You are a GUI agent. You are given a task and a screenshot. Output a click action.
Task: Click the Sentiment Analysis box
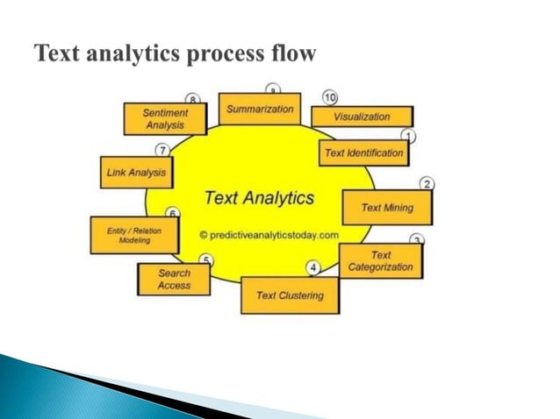click(x=165, y=119)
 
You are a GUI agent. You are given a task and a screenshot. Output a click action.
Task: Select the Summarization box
click(x=260, y=110)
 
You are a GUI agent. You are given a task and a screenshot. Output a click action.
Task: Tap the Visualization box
click(x=361, y=117)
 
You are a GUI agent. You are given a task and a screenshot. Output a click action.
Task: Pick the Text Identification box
click(x=364, y=153)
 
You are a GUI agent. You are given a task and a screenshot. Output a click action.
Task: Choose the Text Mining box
click(x=386, y=208)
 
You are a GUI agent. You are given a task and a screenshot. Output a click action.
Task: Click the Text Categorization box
click(x=380, y=260)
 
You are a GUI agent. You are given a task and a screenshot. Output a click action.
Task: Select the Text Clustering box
click(x=290, y=295)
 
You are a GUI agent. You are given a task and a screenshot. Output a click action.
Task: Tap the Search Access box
click(x=174, y=279)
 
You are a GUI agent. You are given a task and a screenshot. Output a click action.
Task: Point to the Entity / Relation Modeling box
click(x=134, y=235)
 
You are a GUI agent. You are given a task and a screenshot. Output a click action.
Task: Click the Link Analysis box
click(x=136, y=173)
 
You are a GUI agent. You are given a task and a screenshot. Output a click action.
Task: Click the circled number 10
click(x=330, y=96)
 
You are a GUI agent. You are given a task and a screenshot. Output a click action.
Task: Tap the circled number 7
click(x=162, y=151)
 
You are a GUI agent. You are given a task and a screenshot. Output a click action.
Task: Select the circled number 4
click(x=312, y=266)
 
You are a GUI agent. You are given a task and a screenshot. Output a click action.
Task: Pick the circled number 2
click(x=427, y=183)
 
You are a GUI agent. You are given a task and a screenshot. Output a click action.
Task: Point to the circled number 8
click(x=192, y=98)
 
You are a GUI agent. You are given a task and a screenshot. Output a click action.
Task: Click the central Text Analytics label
click(x=258, y=198)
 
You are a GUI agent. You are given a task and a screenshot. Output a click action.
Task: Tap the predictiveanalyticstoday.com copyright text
click(x=268, y=235)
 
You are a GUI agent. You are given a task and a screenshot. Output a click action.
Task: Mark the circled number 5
click(x=205, y=259)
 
